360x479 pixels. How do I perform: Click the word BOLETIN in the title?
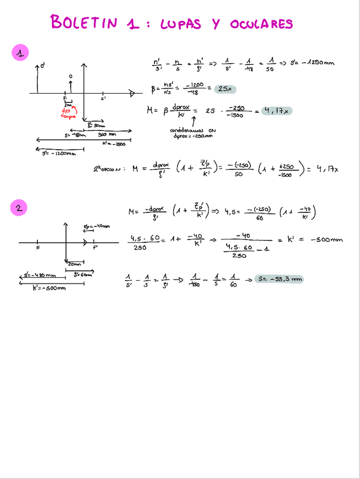84,22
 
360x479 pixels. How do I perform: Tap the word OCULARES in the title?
261,24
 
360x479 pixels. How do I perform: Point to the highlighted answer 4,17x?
275,111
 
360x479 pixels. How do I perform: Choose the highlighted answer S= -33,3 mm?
279,279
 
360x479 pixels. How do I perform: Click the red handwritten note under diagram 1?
68,113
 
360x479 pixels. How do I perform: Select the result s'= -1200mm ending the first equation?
307,63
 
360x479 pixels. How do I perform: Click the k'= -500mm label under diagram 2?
50,288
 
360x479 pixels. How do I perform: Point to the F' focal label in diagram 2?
96,247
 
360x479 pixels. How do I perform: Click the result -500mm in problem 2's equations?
326,239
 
